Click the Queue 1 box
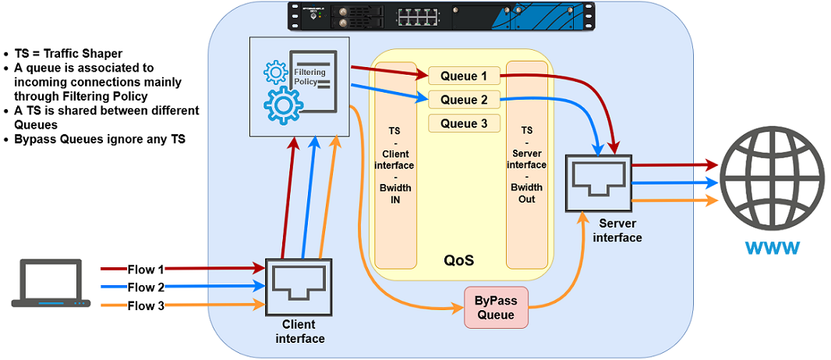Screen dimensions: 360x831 point(464,76)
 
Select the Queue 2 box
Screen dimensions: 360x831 point(464,100)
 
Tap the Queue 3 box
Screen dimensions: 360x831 point(464,123)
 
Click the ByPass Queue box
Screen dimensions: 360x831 point(496,307)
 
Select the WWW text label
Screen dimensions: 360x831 point(771,249)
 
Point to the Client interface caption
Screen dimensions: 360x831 point(300,331)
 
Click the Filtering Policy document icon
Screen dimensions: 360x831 point(313,80)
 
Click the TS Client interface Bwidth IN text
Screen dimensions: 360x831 point(395,166)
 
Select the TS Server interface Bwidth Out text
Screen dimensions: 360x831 point(527,164)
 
